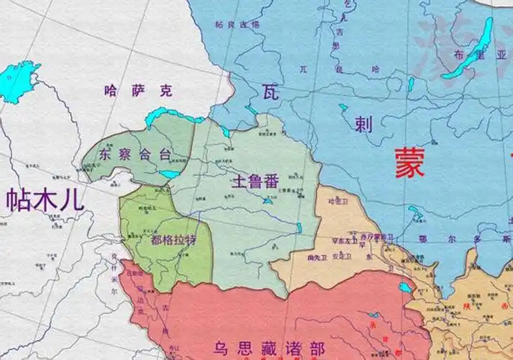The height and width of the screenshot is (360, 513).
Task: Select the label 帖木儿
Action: coord(45,199)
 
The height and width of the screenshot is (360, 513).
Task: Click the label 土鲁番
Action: coord(254,181)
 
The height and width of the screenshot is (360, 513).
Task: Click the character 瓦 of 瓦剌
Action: coord(270,91)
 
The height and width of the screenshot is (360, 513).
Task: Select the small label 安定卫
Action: coord(341,256)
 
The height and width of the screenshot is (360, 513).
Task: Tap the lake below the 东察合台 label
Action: coord(170,174)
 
